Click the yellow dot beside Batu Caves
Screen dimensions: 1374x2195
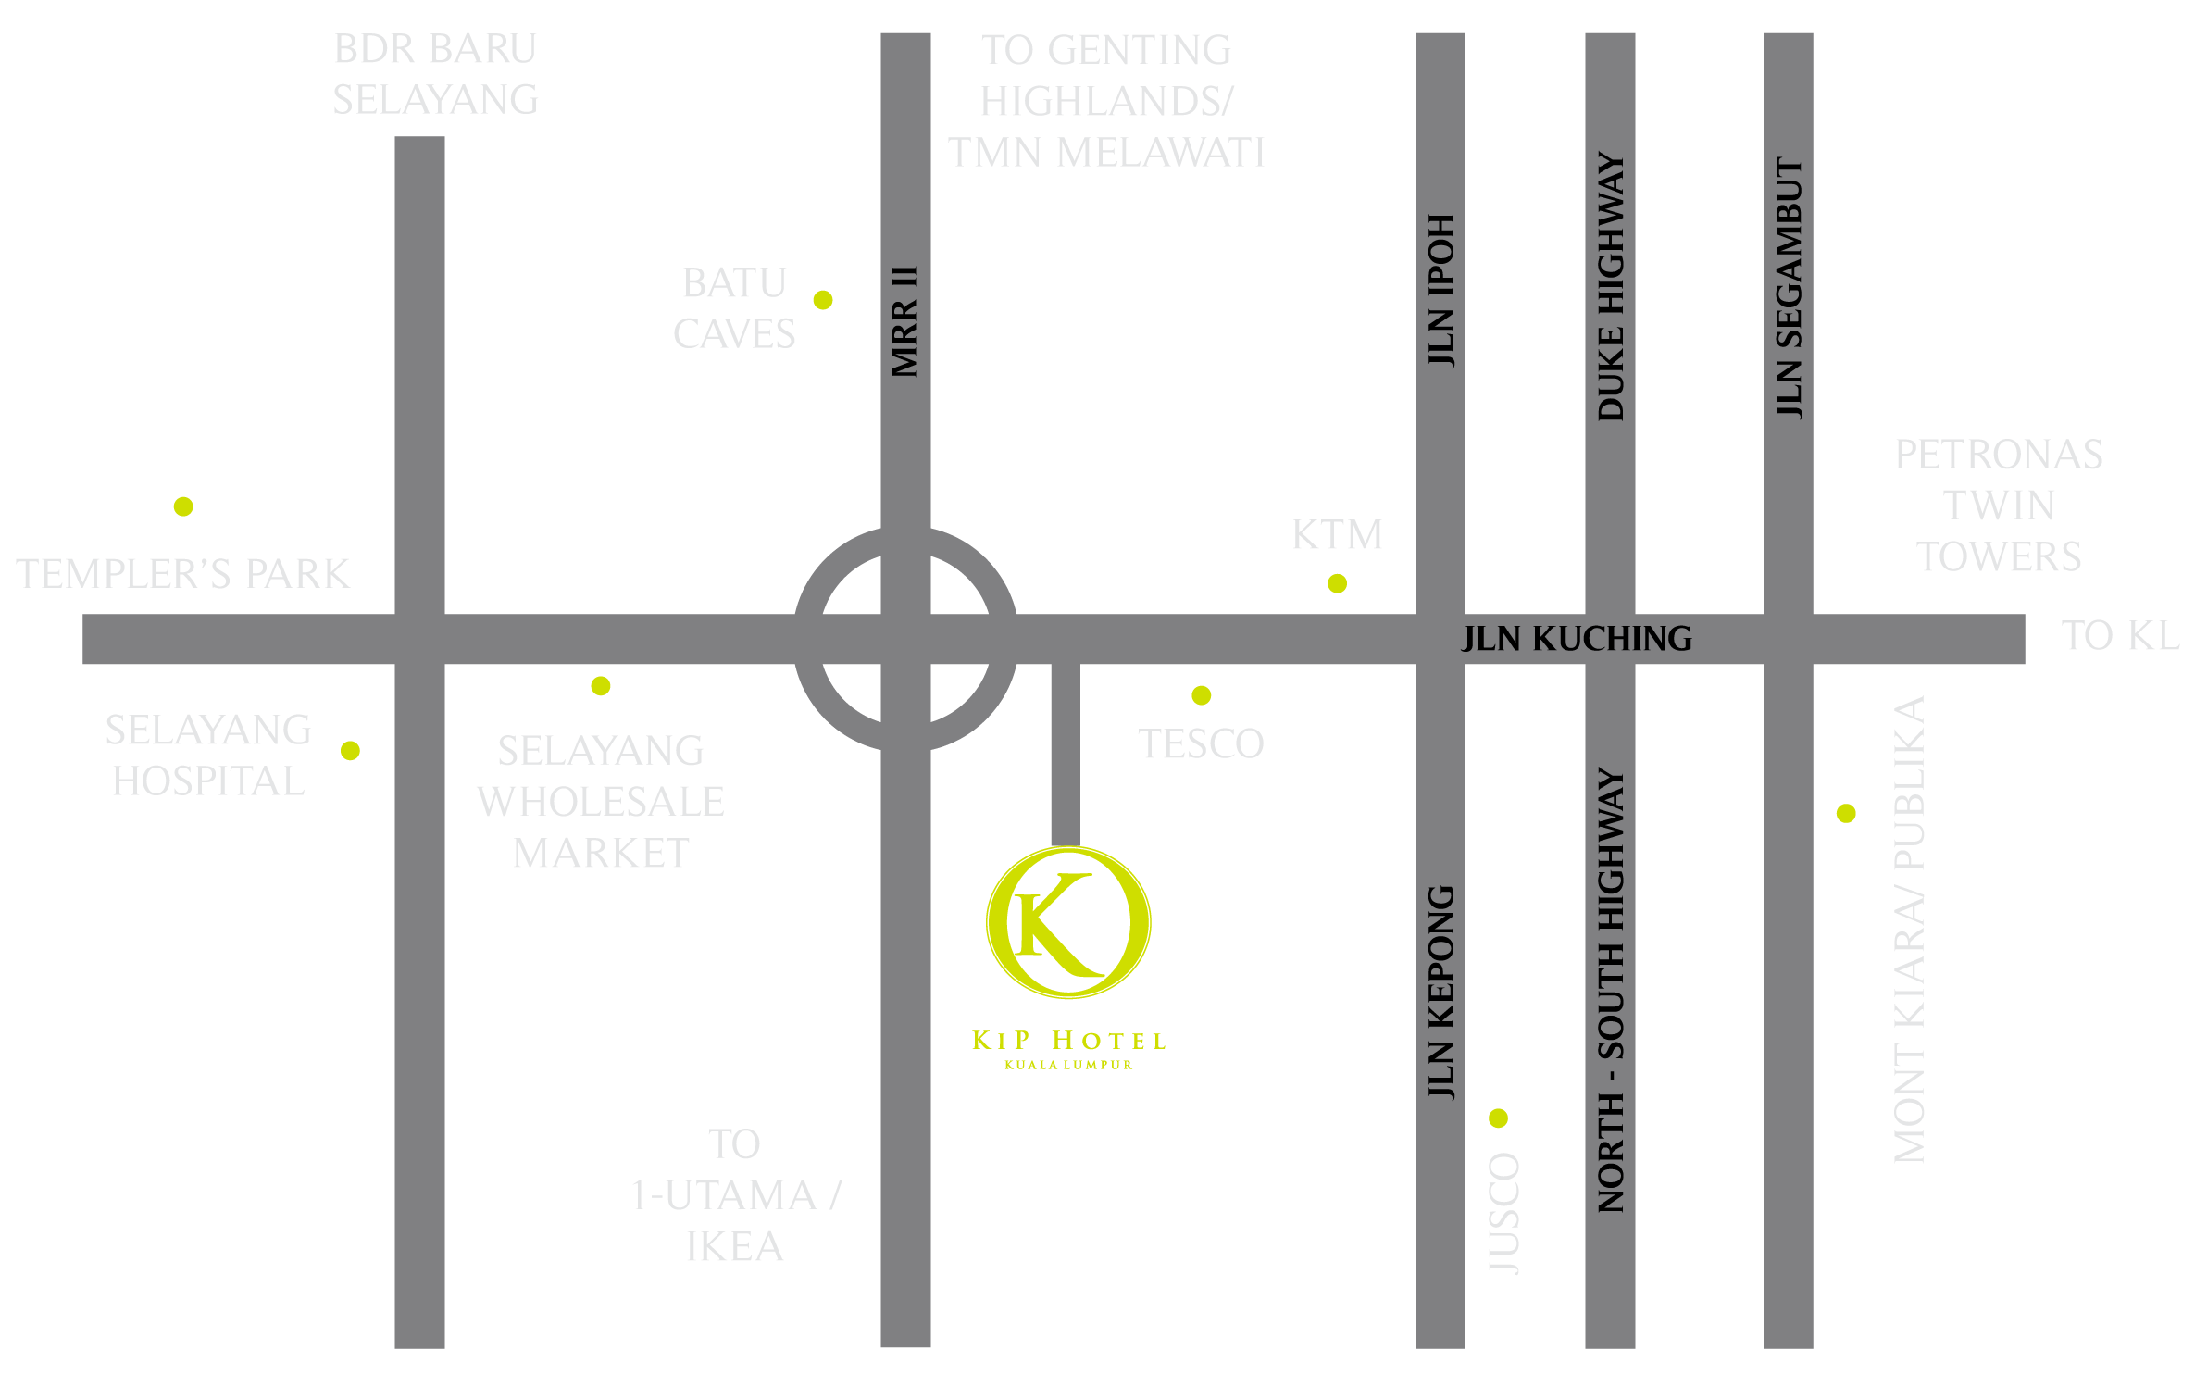823,300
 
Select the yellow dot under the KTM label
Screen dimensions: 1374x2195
1337,583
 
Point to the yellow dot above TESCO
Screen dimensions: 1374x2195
1202,695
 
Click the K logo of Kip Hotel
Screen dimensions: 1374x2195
1068,923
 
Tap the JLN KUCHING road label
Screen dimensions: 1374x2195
1577,639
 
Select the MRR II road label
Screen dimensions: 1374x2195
904,322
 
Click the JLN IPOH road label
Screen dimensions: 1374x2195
1440,291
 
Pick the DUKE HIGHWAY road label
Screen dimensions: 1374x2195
1611,287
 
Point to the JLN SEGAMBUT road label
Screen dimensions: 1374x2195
1789,288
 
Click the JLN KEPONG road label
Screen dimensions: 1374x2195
1440,993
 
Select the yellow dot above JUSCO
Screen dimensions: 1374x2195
1499,1118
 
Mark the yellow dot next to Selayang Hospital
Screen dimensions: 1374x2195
350,751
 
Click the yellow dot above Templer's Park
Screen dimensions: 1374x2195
183,506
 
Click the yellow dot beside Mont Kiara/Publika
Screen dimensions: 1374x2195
1846,814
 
